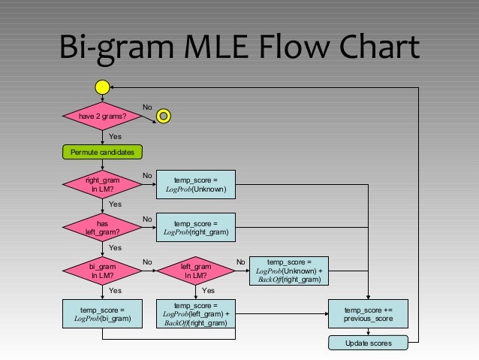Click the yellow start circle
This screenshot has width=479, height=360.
click(x=103, y=86)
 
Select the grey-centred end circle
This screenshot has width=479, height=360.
click(x=163, y=116)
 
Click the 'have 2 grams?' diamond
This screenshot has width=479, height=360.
click(x=103, y=116)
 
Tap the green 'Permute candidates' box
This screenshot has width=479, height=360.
click(x=102, y=153)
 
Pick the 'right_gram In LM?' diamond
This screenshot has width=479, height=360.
click(x=103, y=185)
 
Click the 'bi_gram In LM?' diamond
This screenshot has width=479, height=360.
click(x=103, y=271)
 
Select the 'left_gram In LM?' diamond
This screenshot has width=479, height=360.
click(x=196, y=271)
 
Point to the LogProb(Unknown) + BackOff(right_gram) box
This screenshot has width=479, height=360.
click(x=289, y=271)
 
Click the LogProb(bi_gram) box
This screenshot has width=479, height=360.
click(x=102, y=313)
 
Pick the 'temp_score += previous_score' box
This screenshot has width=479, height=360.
click(x=368, y=313)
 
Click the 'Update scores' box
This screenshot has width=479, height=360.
click(x=368, y=343)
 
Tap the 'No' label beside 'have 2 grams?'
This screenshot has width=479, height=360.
click(x=147, y=107)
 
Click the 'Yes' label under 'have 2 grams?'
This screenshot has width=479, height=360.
click(x=115, y=137)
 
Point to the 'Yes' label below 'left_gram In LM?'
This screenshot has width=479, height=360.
click(x=209, y=290)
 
